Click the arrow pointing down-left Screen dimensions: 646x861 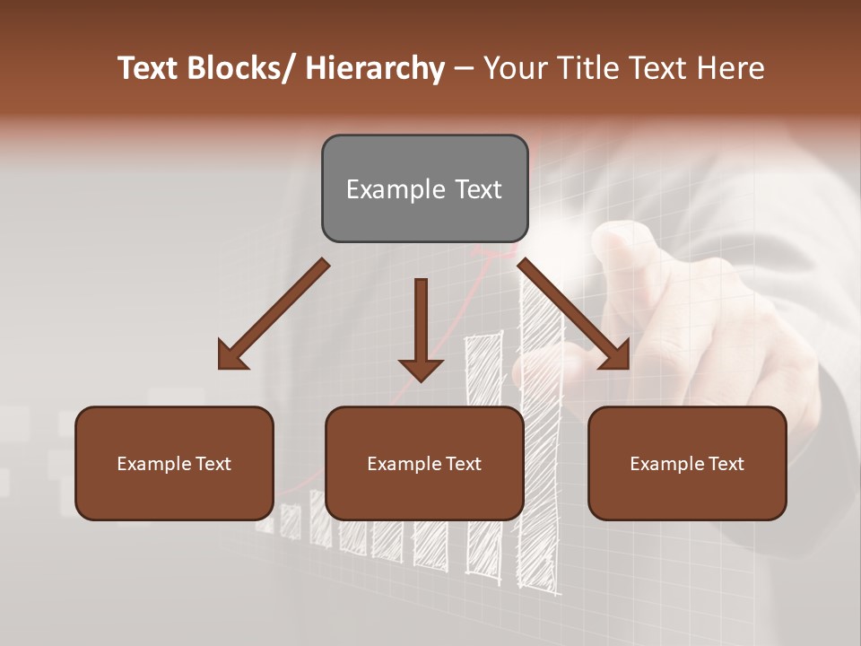[x=274, y=314]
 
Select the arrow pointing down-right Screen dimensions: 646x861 [x=574, y=314]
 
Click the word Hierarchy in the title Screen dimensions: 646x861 [x=374, y=68]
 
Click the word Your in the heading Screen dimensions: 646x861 [x=515, y=68]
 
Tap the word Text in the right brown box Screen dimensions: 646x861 [x=726, y=464]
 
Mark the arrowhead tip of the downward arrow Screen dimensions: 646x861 [x=421, y=381]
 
